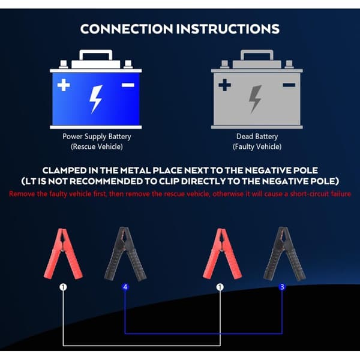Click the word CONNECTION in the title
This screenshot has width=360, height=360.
[126, 29]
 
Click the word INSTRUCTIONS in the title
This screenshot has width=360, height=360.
[228, 29]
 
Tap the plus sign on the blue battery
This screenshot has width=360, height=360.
[64, 85]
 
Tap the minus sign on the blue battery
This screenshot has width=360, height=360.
[128, 85]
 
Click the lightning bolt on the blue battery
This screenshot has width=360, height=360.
[95, 99]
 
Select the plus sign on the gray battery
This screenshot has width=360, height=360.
[225, 85]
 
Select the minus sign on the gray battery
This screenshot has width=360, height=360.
[289, 85]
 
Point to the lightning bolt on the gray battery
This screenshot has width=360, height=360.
[255, 99]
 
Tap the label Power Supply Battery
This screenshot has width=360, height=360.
[97, 137]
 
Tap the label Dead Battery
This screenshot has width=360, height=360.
[257, 137]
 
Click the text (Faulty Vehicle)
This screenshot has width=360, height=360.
[257, 146]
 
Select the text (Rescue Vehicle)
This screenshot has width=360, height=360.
[97, 146]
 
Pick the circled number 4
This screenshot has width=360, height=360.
[125, 287]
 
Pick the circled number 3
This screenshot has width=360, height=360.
[282, 287]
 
